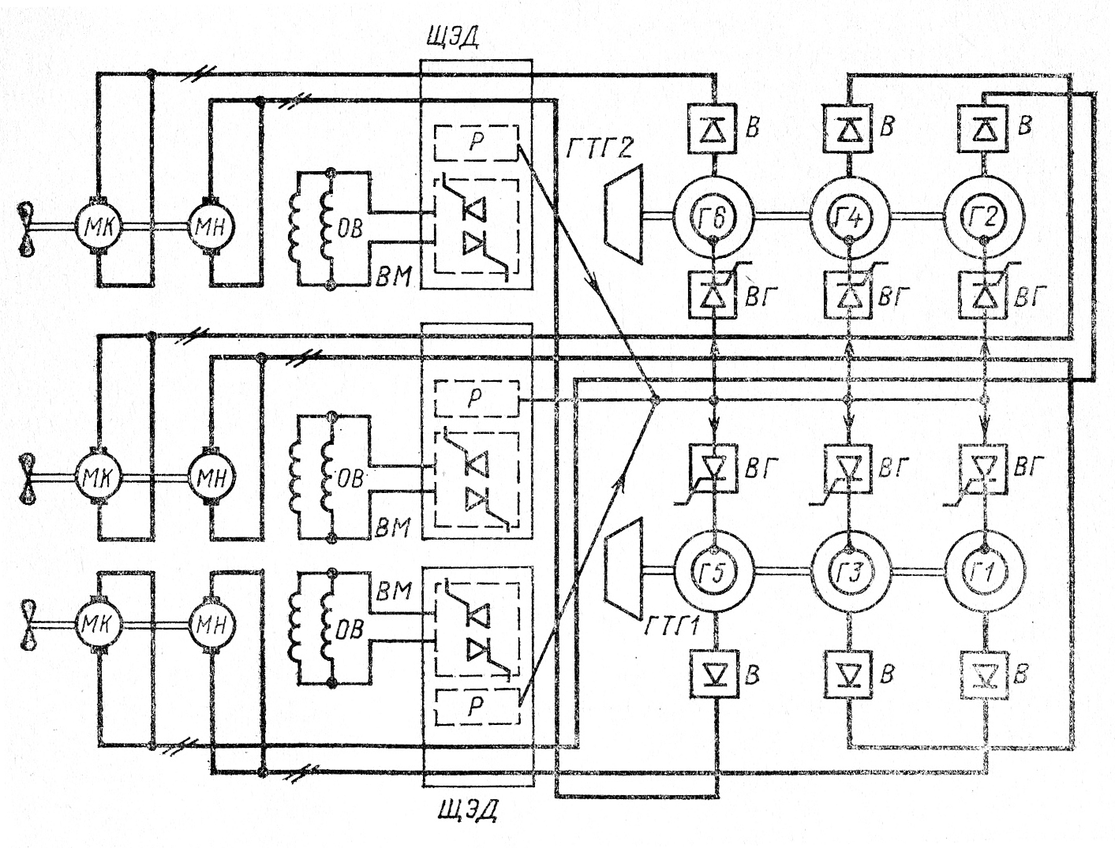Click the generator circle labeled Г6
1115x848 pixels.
[713, 175]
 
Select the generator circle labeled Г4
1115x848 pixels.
[849, 175]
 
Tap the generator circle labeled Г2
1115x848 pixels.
[985, 175]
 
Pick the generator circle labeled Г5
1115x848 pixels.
[713, 532]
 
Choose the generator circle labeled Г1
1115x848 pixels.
[985, 532]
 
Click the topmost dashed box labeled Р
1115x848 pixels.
[477, 144]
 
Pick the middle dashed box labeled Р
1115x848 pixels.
[477, 399]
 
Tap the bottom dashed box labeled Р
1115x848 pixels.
[477, 707]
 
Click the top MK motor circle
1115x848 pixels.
[99, 225]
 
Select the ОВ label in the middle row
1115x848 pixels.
[350, 479]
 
